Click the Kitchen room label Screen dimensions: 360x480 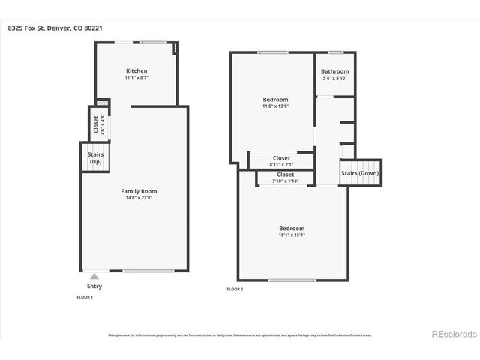pyautogui.click(x=136, y=70)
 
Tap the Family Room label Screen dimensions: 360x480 pyautogui.click(x=139, y=191)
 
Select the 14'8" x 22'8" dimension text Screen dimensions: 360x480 pyautogui.click(x=139, y=198)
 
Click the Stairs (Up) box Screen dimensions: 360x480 pyautogui.click(x=95, y=158)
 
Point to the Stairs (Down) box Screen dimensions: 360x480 pyautogui.click(x=361, y=172)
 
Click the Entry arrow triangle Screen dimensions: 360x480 pyautogui.click(x=94, y=276)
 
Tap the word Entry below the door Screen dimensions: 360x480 pyautogui.click(x=94, y=286)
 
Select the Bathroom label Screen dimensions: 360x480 pyautogui.click(x=334, y=71)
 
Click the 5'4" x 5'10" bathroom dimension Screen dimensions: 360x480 pyautogui.click(x=334, y=78)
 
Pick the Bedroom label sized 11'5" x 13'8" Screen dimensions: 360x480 pyautogui.click(x=274, y=100)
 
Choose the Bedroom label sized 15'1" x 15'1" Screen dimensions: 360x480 pyautogui.click(x=292, y=228)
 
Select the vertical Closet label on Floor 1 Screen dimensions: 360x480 pyautogui.click(x=95, y=124)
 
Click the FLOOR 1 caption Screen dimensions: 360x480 pyautogui.click(x=85, y=297)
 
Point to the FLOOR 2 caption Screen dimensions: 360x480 pyautogui.click(x=235, y=289)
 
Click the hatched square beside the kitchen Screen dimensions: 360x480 pyautogui.click(x=103, y=103)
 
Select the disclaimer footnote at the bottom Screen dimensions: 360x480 pyautogui.click(x=239, y=335)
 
